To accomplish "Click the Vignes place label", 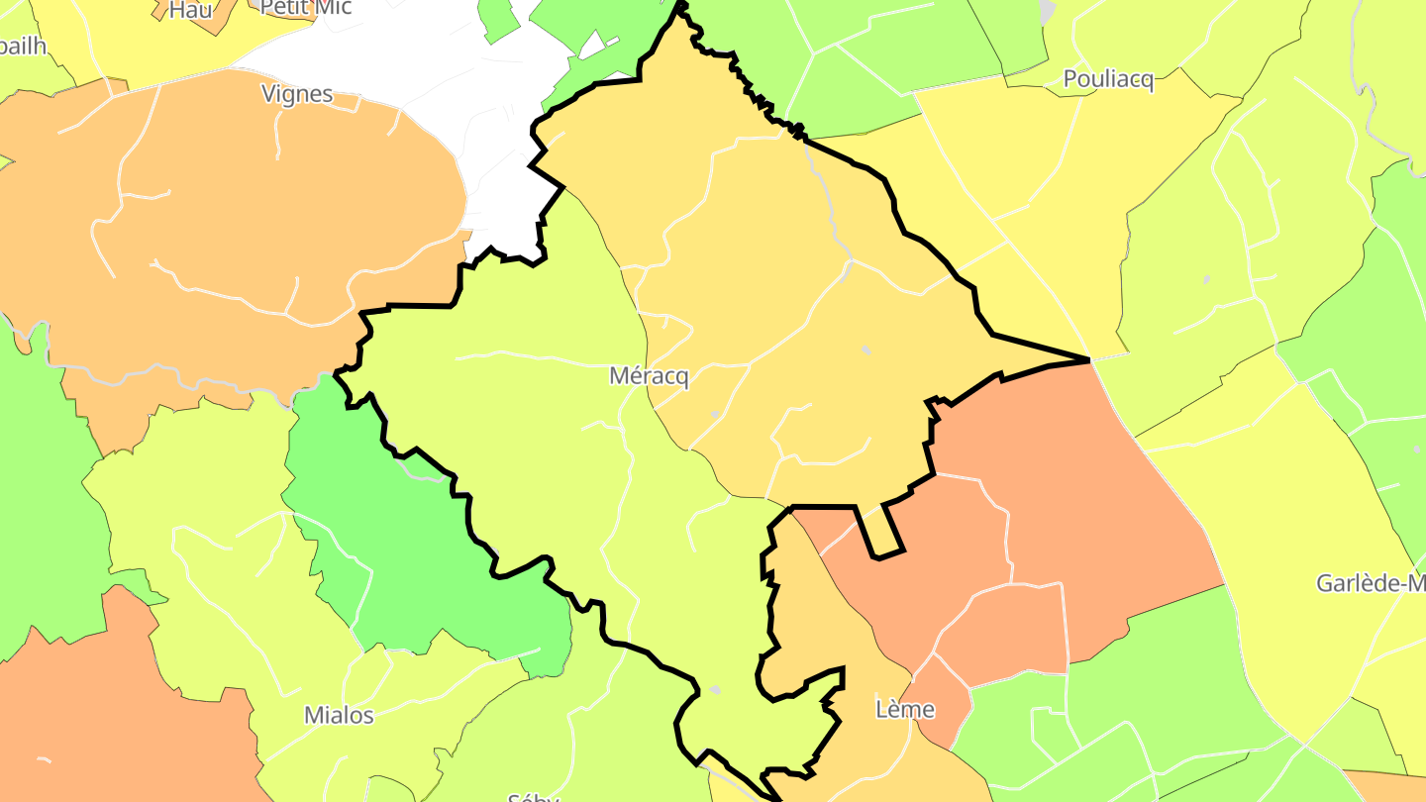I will coord(296,94).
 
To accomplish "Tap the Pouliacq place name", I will coord(1108,80).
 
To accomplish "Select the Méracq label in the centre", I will coord(649,376).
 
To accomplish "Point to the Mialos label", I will coord(339,715).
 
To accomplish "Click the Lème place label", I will coord(905,709).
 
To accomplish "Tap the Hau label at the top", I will coord(190,10).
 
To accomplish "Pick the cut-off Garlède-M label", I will coord(1371,583).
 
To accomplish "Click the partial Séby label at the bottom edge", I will coord(533,795).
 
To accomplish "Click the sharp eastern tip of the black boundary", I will coord(1088,358).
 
